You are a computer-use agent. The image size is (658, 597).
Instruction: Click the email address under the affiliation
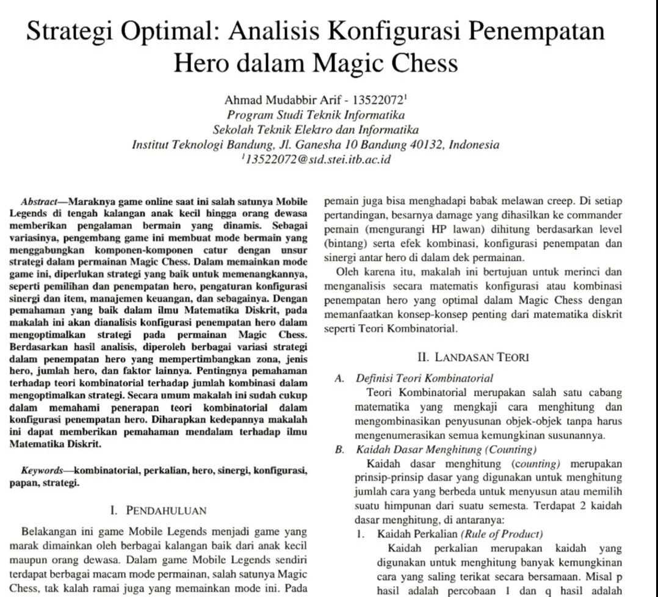pos(317,160)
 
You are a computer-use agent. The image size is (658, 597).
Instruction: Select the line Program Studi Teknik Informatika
pos(316,115)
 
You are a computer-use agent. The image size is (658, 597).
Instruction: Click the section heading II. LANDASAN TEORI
pos(473,357)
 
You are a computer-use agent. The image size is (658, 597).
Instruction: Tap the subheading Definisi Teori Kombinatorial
pos(424,378)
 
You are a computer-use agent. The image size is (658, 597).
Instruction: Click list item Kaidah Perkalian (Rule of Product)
pos(460,534)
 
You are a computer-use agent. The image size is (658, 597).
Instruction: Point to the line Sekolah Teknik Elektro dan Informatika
pos(316,129)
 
